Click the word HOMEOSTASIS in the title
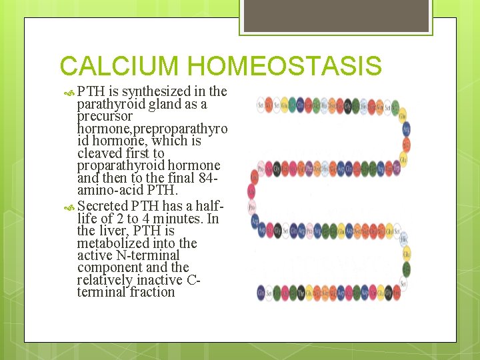coord(285,67)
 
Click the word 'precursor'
coord(105,116)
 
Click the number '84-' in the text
coord(208,177)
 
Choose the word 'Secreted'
coord(103,206)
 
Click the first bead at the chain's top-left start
coord(261,105)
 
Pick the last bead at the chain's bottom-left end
coord(261,293)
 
